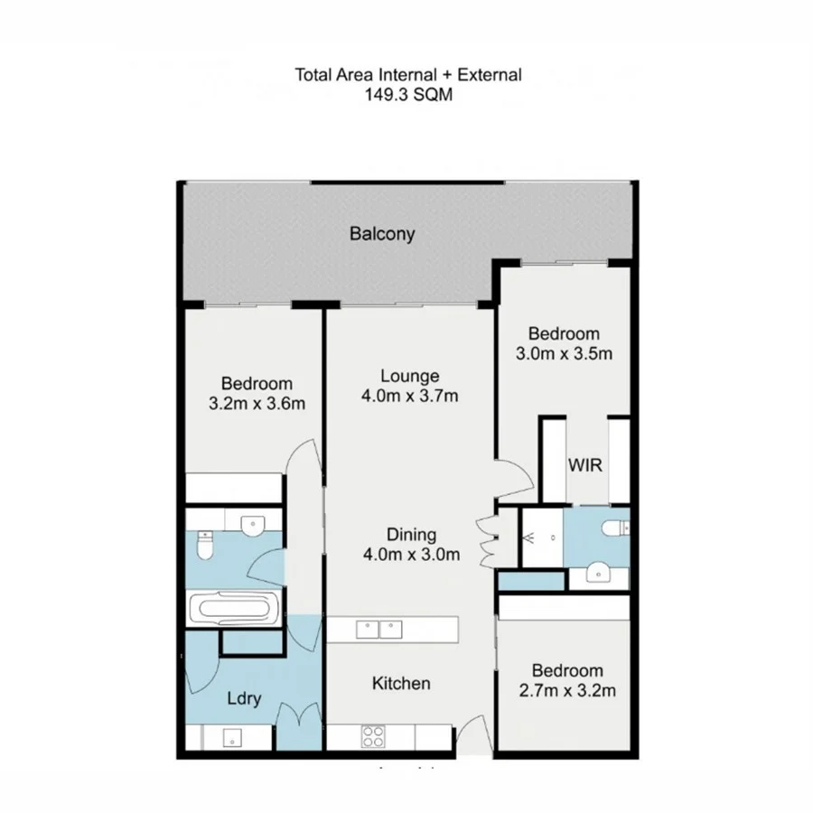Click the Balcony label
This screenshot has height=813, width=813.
pos(382,234)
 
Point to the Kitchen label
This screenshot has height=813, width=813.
pos(401,683)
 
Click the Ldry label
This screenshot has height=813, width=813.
pos(244,698)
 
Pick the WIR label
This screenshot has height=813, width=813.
pos(584,465)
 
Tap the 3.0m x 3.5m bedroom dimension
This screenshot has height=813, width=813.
pos(564,353)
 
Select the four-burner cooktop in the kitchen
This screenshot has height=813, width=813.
pos(372,736)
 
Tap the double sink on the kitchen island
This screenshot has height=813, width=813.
pos(379,629)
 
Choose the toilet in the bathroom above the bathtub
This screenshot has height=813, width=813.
pos(203,546)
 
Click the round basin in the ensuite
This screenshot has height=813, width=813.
pos(596,573)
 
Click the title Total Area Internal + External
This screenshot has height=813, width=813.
pos(407,74)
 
